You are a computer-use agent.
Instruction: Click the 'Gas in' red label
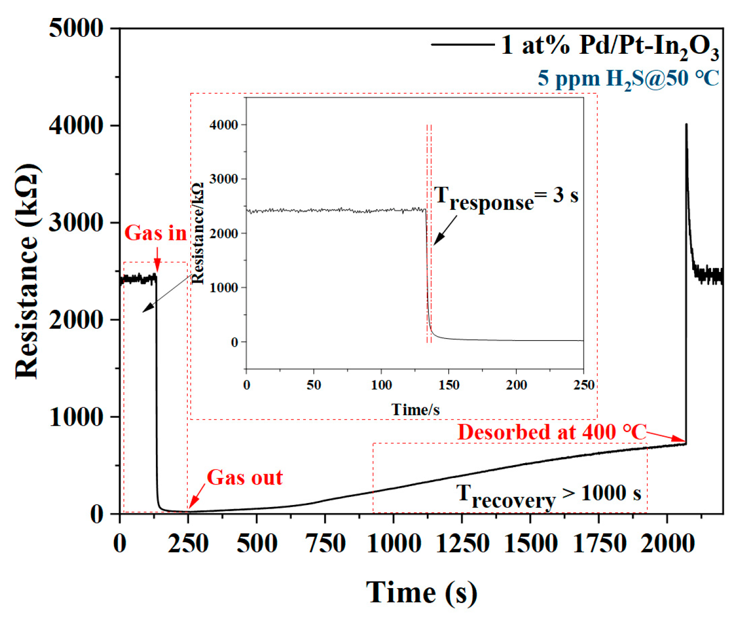pyautogui.click(x=155, y=233)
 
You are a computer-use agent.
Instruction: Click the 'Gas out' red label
pyautogui.click(x=245, y=478)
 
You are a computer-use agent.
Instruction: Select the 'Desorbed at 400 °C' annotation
pyautogui.click(x=552, y=432)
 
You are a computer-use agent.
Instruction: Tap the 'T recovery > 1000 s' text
pyautogui.click(x=548, y=495)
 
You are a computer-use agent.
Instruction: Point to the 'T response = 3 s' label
pyautogui.click(x=505, y=197)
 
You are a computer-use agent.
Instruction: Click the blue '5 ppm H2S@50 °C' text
pyautogui.click(x=628, y=79)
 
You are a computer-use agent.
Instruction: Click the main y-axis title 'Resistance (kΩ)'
pyautogui.click(x=27, y=271)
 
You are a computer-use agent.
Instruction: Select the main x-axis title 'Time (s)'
pyautogui.click(x=421, y=593)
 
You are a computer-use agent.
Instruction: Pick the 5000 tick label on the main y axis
pyautogui.click(x=76, y=28)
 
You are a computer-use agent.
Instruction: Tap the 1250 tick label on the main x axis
pyautogui.click(x=462, y=543)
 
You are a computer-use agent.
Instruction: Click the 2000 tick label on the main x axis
pyautogui.click(x=667, y=543)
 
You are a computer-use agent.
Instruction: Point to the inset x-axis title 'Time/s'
pyautogui.click(x=415, y=409)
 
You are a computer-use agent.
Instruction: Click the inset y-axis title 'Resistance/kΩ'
pyautogui.click(x=198, y=234)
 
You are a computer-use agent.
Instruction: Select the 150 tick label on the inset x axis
pyautogui.click(x=449, y=385)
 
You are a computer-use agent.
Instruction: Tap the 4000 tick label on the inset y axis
pyautogui.click(x=224, y=125)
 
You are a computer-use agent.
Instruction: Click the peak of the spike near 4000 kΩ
pyautogui.click(x=686, y=125)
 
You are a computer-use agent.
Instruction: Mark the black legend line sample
pyautogui.click(x=462, y=45)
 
